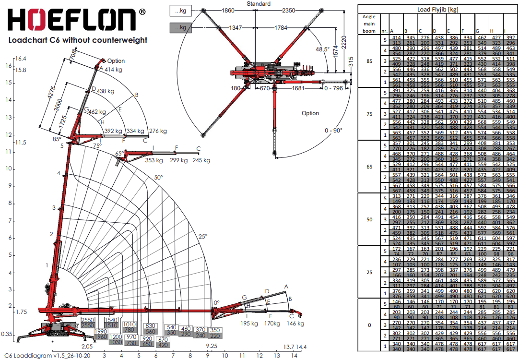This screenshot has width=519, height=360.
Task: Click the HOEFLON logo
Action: point(72,21)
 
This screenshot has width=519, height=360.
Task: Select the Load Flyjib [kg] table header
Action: point(438,9)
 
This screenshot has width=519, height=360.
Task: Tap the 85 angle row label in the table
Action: point(369,61)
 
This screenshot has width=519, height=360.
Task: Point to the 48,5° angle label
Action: point(321,49)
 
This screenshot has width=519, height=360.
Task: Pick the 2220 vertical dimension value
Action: point(344,46)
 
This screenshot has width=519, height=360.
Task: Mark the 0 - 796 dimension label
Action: point(334,88)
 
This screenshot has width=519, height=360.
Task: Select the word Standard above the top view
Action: point(259,3)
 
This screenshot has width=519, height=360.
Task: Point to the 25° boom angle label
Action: point(203,236)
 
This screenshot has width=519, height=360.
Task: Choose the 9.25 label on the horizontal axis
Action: point(212,346)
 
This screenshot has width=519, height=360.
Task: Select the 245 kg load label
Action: point(201,160)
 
